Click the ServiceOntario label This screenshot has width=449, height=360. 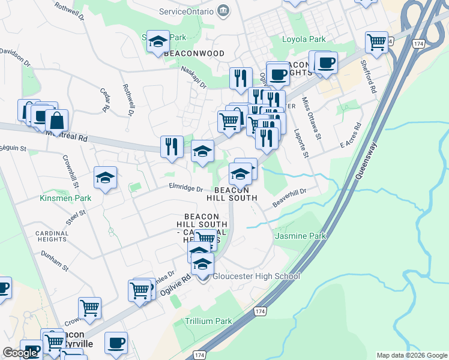186,11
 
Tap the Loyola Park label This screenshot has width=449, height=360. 304,40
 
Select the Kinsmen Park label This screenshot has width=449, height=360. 65,198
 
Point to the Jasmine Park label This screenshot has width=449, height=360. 300,236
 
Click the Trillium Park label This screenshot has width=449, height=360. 208,321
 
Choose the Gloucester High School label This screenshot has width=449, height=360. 255,277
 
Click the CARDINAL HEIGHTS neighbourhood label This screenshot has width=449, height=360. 51,236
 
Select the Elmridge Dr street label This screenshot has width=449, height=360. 185,188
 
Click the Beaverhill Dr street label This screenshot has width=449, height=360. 289,197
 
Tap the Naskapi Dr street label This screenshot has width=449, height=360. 194,77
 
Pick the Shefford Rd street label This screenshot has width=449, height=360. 368,76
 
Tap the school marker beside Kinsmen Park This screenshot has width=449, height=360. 105,178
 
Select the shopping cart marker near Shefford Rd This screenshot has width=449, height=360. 376,42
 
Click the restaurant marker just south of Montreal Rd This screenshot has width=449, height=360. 172,147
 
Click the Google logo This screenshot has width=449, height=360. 20,353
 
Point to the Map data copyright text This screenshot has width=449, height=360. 411,355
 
